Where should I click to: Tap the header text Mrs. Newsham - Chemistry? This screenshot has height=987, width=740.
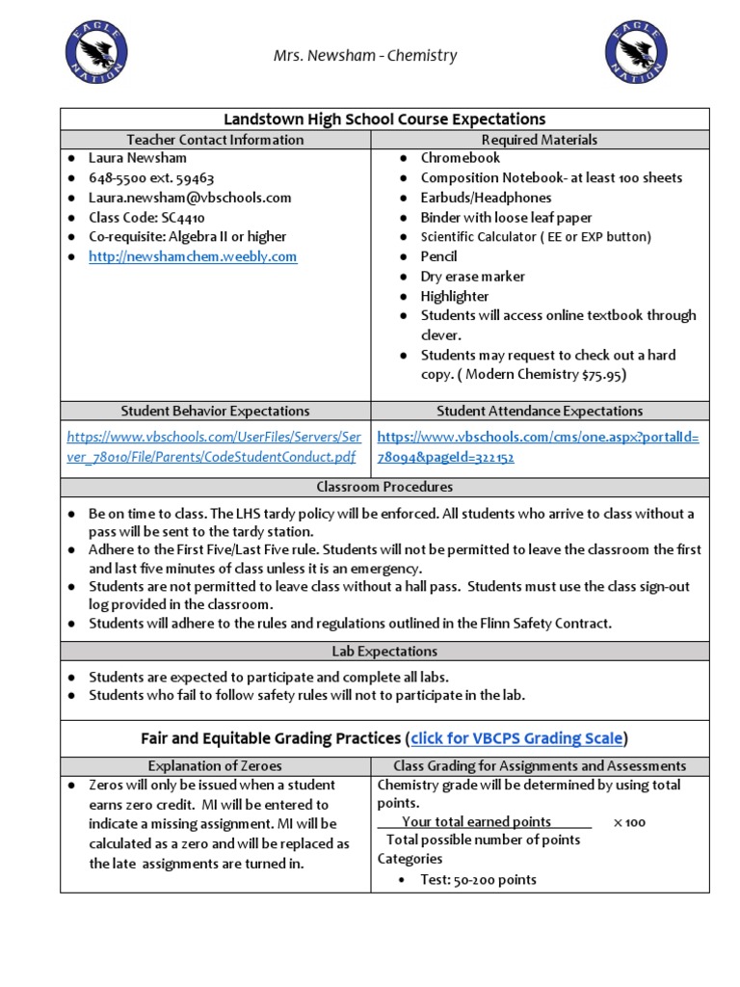(x=365, y=56)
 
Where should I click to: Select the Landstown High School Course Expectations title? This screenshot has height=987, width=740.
(x=384, y=120)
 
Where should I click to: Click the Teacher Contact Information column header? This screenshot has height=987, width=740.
(x=215, y=140)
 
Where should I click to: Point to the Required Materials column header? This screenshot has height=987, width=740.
(x=540, y=140)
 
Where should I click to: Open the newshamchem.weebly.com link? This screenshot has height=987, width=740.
(x=193, y=256)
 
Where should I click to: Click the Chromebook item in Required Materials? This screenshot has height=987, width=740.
(x=461, y=158)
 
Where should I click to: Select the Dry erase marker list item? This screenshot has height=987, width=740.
(x=472, y=277)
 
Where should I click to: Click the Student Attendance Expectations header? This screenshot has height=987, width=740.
(x=540, y=411)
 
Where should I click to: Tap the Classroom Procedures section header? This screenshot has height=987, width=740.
(x=384, y=487)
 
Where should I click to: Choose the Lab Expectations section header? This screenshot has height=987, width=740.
(x=384, y=652)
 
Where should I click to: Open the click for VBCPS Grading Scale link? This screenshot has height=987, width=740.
(x=517, y=739)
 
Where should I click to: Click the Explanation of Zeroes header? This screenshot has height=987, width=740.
(x=215, y=766)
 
